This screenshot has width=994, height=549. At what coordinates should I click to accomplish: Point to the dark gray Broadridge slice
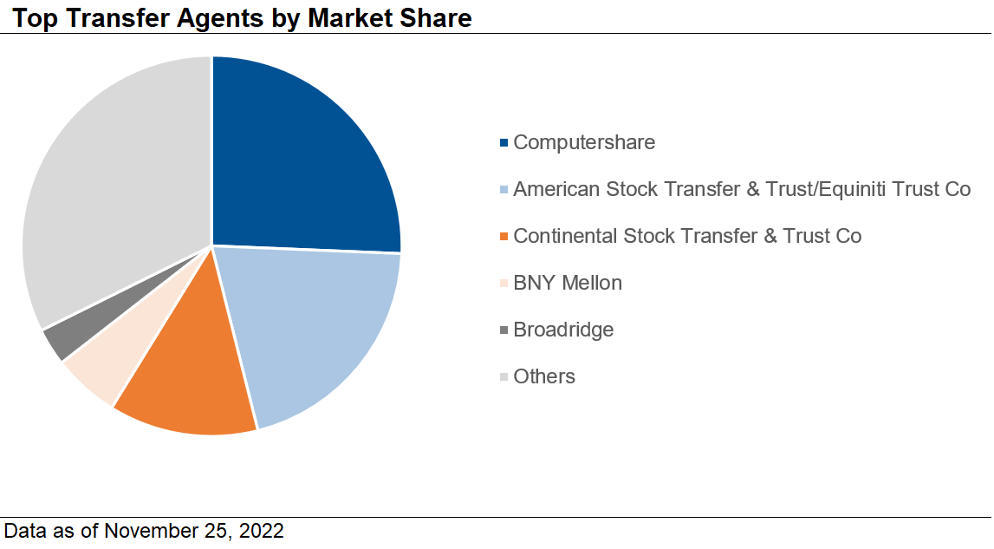(61, 338)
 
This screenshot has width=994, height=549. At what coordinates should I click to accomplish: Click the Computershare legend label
(584, 142)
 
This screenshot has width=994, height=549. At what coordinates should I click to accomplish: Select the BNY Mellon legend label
(568, 283)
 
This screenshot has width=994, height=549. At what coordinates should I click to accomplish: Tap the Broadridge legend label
(563, 330)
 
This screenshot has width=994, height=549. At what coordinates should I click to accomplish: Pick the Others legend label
(544, 376)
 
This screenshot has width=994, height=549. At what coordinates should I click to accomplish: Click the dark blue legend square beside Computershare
(504, 142)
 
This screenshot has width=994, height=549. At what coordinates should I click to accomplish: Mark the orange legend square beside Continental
(504, 236)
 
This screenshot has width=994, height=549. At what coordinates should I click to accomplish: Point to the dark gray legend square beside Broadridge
(504, 330)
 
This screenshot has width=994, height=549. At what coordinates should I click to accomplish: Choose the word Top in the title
(32, 17)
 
